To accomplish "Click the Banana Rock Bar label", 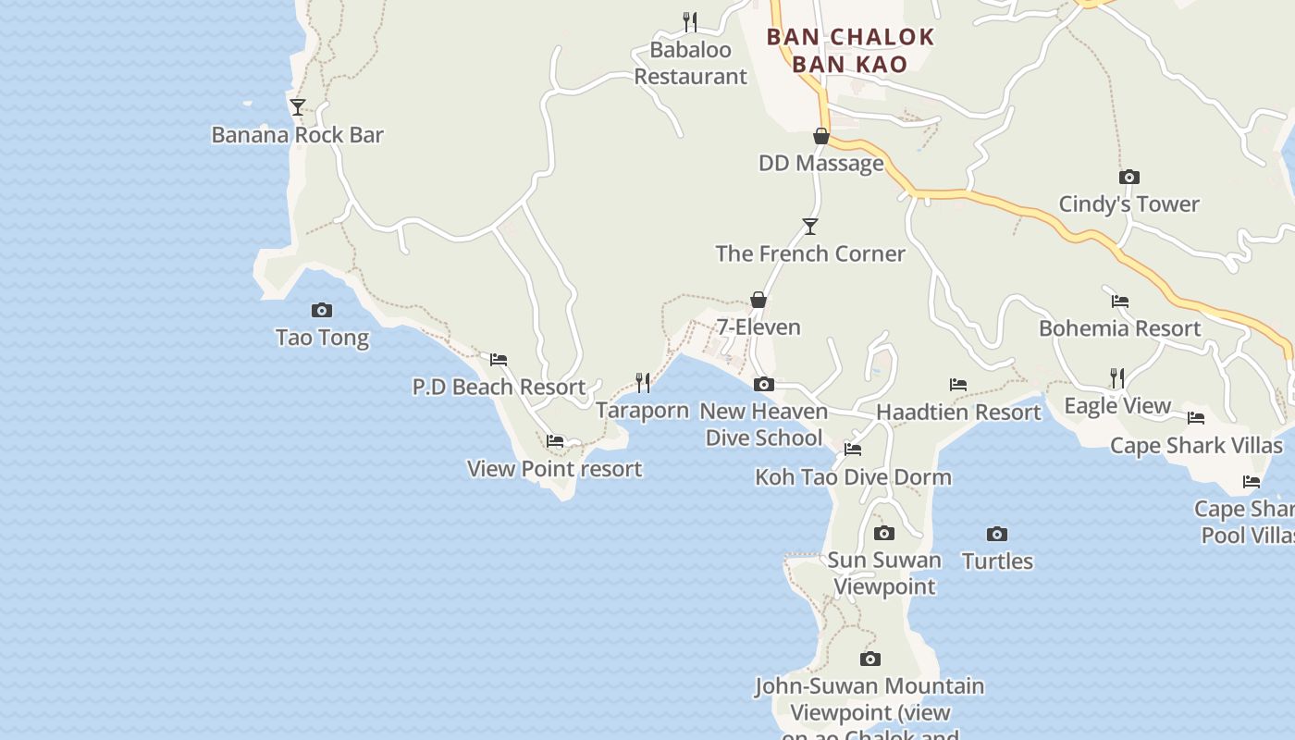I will pos(297,135).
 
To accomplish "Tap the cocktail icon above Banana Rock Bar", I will pos(297,107).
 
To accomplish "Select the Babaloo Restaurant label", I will pos(690,63).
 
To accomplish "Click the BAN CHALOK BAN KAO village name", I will pos(850,50).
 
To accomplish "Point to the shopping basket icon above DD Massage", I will pos(820,136).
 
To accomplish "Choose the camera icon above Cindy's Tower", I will pos(1128,177).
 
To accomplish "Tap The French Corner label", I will pos(810,253).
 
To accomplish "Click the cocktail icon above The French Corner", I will pos(810,226).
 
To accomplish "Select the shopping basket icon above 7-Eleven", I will pos(758,300).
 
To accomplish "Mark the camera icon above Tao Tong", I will pos(322,310).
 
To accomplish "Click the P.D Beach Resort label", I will pos(499,387).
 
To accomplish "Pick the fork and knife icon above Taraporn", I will pos(643,382).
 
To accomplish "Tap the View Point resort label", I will pos(554,469).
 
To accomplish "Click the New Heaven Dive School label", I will pos(764,425).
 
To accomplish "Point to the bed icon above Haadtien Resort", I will pos(958,384).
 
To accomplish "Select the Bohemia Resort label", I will pos(1119,328).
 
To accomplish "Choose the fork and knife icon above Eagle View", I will pos(1117,377).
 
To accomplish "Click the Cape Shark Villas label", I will pos(1196,446).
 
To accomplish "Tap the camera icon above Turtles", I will pos(996,534).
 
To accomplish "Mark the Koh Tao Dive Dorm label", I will pos(853,477).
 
